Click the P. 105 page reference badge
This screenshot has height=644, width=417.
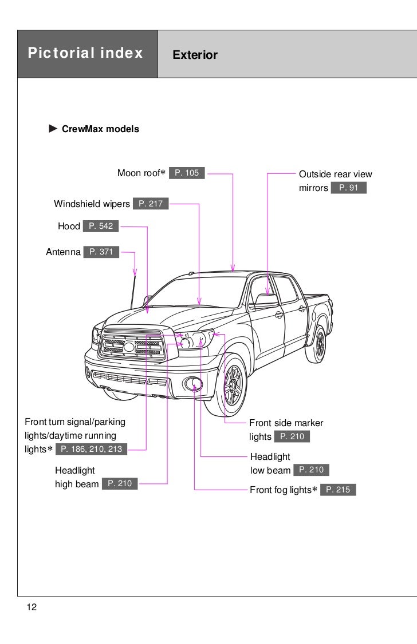pos(187,173)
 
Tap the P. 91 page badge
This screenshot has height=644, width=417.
pos(348,188)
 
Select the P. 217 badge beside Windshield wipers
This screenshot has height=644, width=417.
pos(151,204)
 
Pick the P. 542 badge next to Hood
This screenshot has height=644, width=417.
pos(101,226)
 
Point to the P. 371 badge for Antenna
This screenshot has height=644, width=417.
pos(101,252)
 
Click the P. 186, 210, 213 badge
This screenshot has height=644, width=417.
pos(91,449)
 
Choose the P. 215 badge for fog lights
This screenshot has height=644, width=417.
pos(338,490)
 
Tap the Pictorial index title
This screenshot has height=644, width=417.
pos(85,54)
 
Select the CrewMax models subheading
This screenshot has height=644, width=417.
pos(100,129)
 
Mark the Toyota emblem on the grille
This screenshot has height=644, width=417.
pos(129,347)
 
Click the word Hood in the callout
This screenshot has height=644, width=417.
pos(69,226)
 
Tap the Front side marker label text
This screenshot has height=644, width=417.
pos(286,423)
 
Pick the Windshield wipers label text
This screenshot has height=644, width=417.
pos(92,204)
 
